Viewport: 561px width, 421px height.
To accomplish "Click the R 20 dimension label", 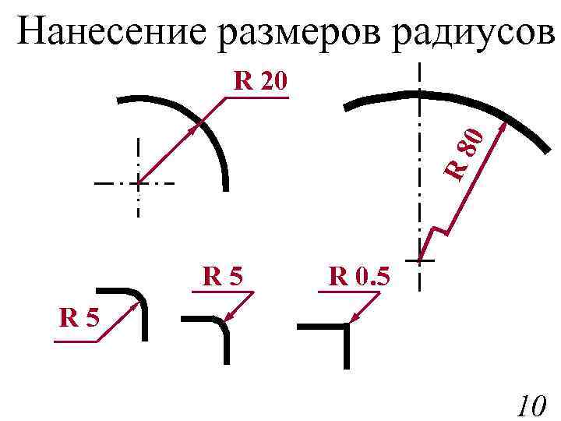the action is coord(261,81).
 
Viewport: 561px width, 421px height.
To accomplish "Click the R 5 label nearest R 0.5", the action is coord(223,276).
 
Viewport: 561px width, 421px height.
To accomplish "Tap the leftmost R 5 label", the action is coord(79,318).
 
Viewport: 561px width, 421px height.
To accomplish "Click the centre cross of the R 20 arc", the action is coord(138,183).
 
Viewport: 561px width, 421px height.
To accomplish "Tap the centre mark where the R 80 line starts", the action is coord(420,259).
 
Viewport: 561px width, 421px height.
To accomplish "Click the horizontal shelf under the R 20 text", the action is coord(257,98).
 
